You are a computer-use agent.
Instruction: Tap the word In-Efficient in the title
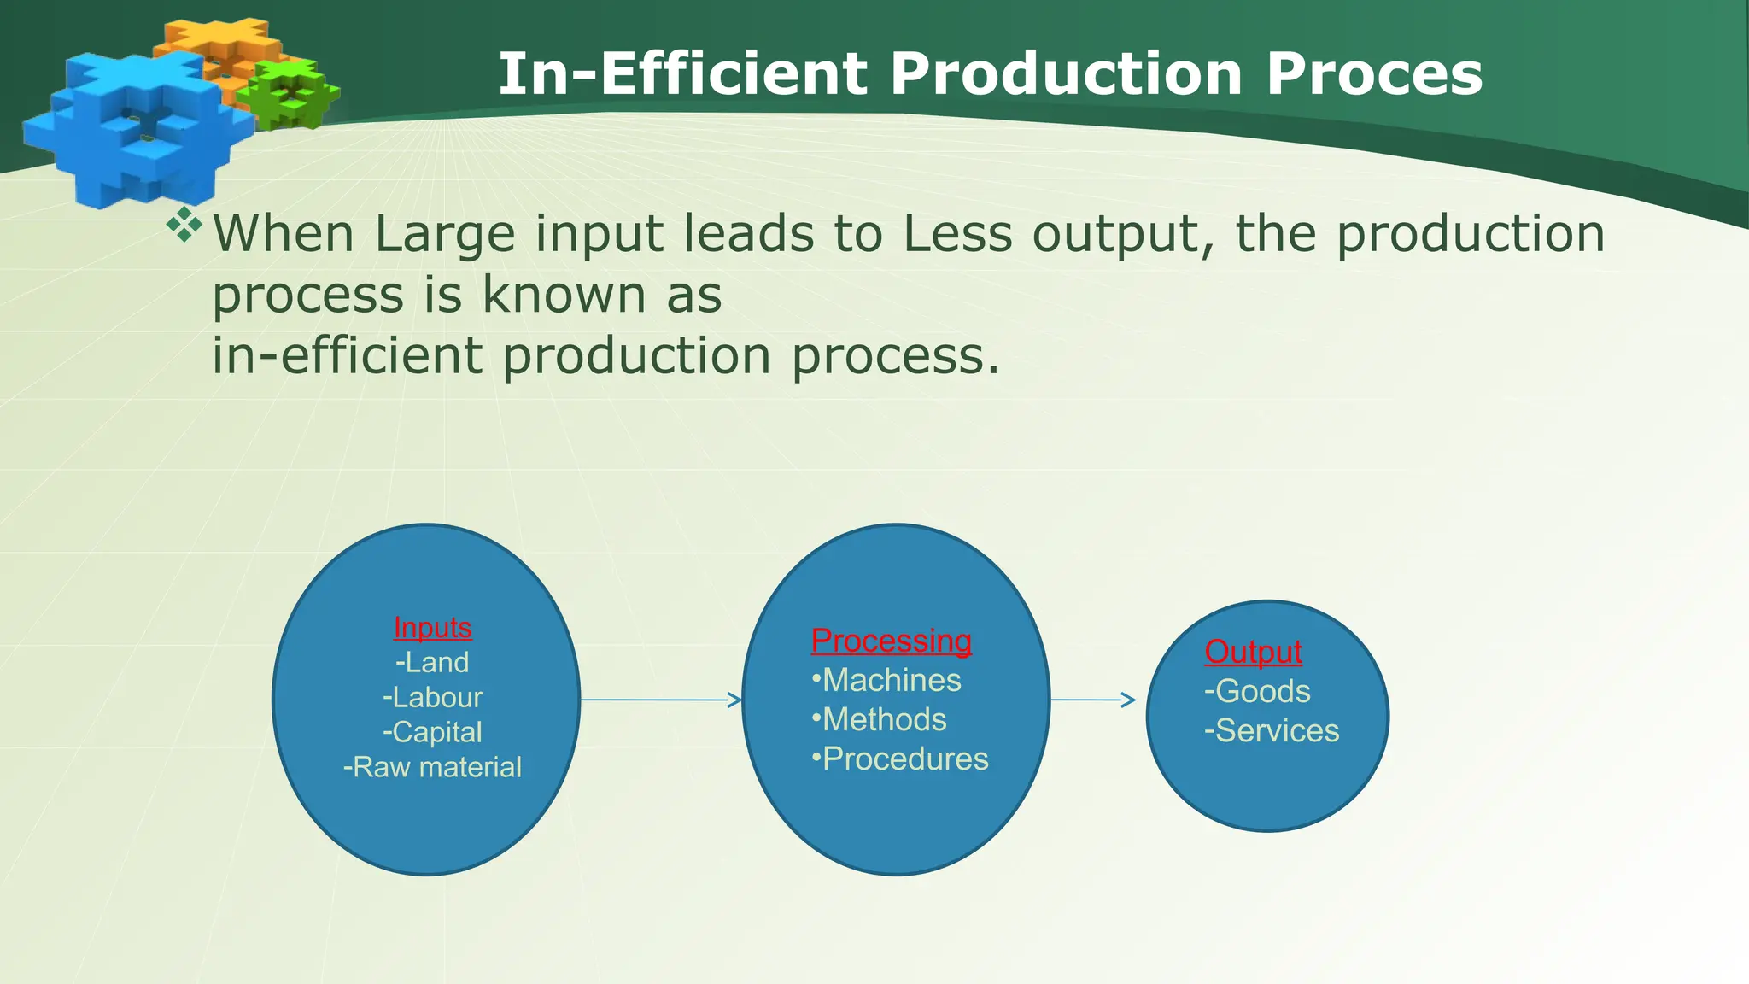point(682,74)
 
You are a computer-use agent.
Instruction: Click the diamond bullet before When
point(184,224)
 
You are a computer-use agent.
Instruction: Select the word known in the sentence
point(563,295)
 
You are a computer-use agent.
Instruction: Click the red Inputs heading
point(432,628)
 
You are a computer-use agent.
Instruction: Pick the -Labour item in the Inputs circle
point(432,698)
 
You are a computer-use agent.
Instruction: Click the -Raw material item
point(432,767)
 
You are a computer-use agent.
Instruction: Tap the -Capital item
point(432,732)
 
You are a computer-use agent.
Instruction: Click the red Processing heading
point(891,641)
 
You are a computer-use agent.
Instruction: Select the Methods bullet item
point(880,719)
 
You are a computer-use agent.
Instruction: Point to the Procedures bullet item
point(900,758)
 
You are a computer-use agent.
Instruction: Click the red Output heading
point(1253,652)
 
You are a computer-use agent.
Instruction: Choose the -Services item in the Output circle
point(1272,730)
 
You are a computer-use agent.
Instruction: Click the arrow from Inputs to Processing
point(661,700)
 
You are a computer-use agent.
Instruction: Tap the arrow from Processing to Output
point(1093,700)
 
